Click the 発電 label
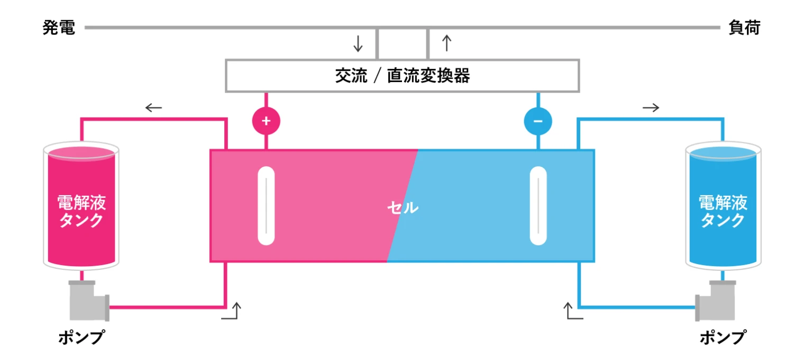tap(59, 28)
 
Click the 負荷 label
tap(744, 28)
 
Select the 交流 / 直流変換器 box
tap(402, 76)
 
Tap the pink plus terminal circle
tap(266, 121)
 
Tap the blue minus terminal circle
tap(538, 121)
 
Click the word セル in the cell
tap(403, 208)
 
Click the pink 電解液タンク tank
tap(81, 206)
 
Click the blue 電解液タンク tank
tap(723, 206)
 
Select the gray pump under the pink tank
tap(87, 301)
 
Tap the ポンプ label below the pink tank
tap(80, 337)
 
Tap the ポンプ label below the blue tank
tap(723, 337)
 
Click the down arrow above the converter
tap(358, 43)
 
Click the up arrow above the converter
tap(446, 43)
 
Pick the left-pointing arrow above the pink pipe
tap(153, 108)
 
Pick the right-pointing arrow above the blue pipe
tap(651, 108)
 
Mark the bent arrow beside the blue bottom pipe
tap(573, 312)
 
